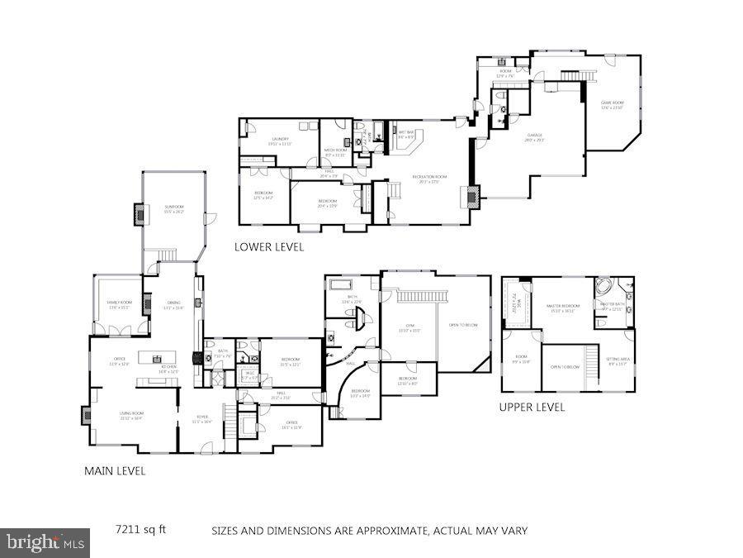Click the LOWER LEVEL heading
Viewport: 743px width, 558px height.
(268, 246)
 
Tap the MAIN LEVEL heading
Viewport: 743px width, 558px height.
(115, 471)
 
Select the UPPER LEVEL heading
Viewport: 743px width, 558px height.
(532, 407)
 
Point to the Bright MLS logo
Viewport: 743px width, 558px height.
(45, 543)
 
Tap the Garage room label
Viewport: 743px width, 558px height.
(535, 138)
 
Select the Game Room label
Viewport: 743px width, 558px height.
(612, 104)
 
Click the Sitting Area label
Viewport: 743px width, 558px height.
(618, 360)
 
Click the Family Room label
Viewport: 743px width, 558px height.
(119, 304)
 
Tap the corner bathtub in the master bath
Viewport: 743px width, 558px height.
(604, 289)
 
